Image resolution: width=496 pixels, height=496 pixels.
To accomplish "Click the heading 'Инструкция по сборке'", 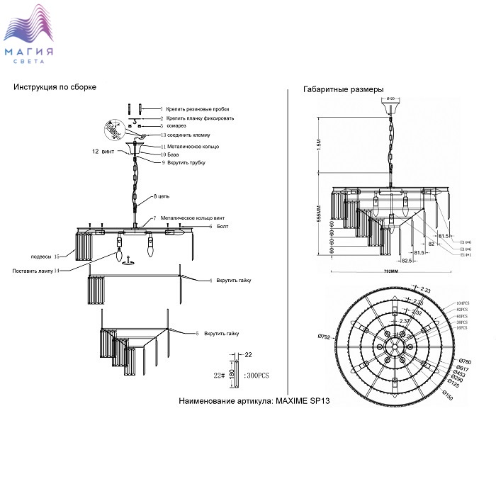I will (x=55, y=86).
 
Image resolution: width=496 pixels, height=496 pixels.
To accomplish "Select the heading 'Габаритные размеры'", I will (x=343, y=90).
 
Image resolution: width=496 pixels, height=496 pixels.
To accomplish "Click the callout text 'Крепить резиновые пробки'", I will (x=200, y=110).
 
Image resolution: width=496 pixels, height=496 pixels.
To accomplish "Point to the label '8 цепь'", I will (x=162, y=196).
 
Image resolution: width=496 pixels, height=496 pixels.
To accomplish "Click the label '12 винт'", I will (x=103, y=152).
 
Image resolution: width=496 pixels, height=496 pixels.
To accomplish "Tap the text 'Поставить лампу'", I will (x=34, y=271).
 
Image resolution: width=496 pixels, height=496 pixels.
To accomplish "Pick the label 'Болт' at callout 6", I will (x=224, y=226).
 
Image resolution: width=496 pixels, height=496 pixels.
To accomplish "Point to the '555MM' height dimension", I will (x=319, y=213).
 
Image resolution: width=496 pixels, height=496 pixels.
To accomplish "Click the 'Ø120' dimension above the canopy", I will (x=390, y=98).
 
